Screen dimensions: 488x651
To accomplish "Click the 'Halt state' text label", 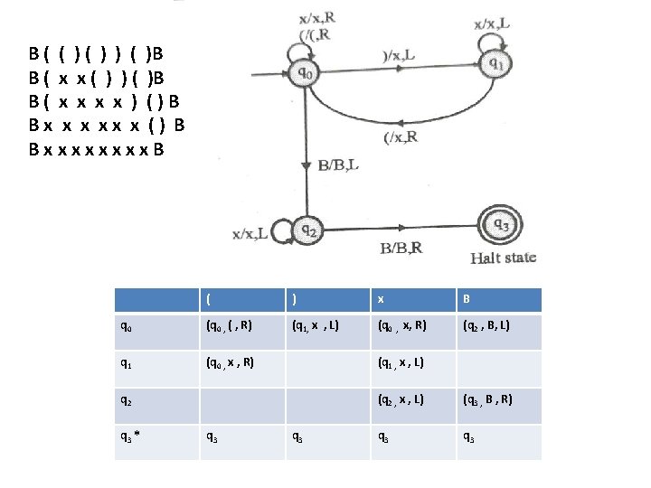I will point(503,258).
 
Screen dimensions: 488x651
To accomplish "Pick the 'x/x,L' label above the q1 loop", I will point(492,23).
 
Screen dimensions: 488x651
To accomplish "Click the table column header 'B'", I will point(467,300).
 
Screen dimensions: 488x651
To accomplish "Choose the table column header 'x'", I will point(381,300).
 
